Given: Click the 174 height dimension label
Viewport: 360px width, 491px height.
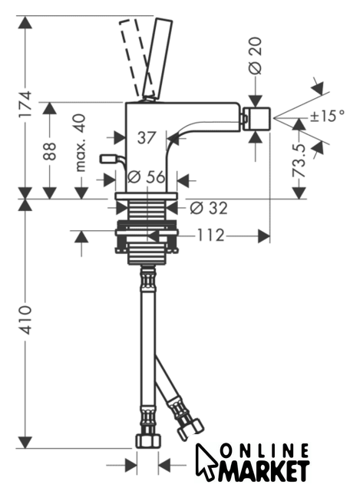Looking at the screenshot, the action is coord(25,104).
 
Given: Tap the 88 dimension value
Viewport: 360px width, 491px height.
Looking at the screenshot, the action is coord(49,151).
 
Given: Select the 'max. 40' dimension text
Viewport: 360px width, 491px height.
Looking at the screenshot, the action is coord(81,143).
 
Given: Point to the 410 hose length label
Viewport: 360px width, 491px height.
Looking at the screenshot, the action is coord(25,320).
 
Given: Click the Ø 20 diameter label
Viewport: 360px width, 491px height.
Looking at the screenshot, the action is coord(256,56).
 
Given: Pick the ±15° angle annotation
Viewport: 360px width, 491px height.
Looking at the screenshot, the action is coord(327,116).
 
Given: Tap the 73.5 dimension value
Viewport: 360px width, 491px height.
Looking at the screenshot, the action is coord(299,160).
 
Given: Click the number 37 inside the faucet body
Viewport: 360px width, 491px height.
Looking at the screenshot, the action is coord(147,138).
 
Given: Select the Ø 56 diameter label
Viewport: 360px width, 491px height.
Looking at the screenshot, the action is coord(147,177).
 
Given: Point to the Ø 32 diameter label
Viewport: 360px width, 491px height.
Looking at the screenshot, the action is coord(209,208).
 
